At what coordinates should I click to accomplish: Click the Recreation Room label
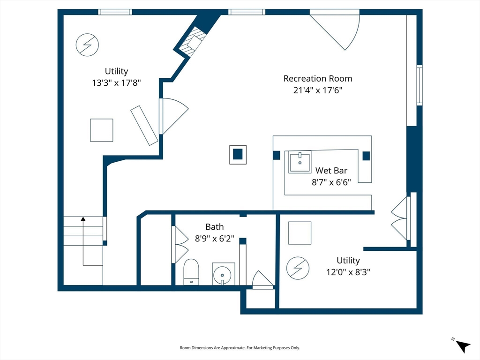point(318,79)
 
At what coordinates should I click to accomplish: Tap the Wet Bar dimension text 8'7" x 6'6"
point(331,182)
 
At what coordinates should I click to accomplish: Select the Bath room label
point(214,227)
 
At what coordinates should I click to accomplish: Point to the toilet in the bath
point(191,272)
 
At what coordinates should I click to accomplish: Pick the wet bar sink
point(300,162)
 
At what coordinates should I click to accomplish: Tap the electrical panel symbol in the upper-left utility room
point(87,45)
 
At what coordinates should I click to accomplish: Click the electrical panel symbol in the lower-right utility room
point(298,268)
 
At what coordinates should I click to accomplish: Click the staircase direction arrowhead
point(83,218)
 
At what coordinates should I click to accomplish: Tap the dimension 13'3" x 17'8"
point(116,82)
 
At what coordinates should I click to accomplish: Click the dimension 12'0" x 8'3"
point(348,272)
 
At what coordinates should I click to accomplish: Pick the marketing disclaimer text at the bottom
point(240,348)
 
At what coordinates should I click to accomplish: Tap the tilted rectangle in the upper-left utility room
point(144,126)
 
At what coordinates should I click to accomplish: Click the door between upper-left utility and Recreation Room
point(173,116)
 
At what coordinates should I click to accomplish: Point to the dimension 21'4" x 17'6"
point(318,90)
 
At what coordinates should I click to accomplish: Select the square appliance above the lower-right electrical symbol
point(300,233)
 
